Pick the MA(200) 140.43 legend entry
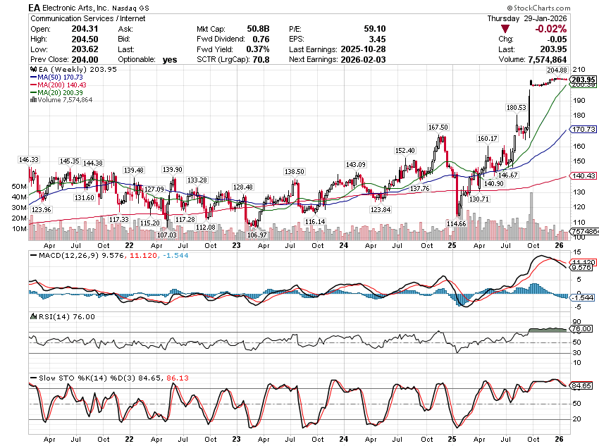click(x=57, y=85)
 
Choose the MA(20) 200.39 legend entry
click(x=55, y=92)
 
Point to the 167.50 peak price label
click(x=438, y=128)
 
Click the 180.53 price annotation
click(x=516, y=107)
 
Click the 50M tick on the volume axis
click(x=19, y=187)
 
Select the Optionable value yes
click(x=170, y=60)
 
